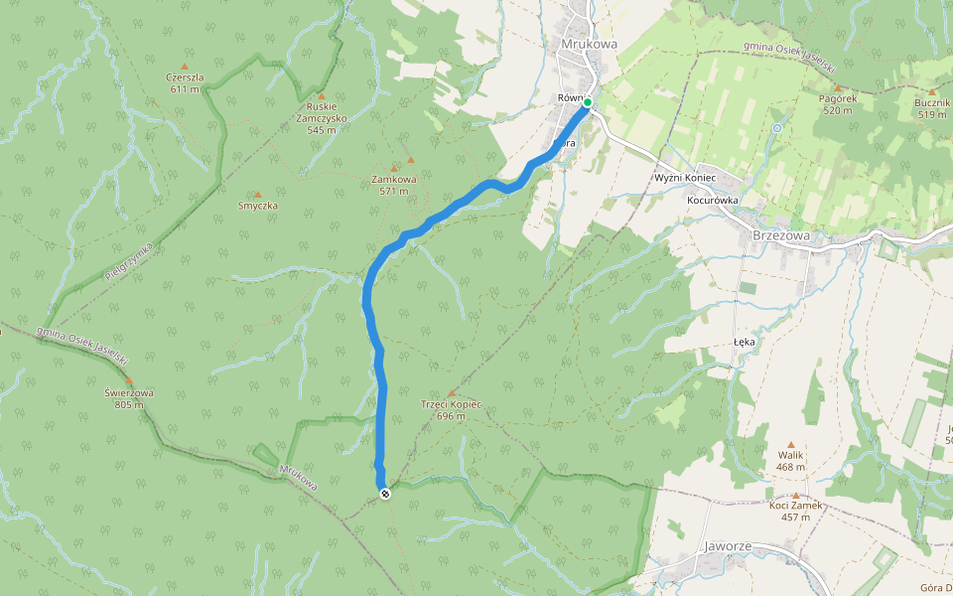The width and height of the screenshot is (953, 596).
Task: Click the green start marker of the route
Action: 588,102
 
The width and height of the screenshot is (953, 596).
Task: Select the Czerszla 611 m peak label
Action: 185,82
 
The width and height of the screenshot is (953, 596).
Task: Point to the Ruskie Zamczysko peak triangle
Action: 321,95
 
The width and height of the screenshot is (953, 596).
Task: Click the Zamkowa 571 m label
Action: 393,185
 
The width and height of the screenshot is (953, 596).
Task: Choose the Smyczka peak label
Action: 258,206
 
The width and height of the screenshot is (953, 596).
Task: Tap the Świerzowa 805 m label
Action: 129,397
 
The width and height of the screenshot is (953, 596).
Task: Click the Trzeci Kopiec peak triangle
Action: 452,393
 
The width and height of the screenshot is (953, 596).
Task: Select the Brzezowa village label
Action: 781,235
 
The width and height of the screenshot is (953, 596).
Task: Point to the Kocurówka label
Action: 713,200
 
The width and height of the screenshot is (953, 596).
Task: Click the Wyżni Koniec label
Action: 685,177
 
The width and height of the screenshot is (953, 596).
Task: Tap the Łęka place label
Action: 745,341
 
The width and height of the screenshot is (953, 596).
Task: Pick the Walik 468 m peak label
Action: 791,461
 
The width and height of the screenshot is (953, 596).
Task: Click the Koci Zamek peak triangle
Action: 796,495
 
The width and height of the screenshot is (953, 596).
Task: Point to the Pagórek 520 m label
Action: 838,104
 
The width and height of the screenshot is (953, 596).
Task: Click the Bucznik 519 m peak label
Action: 932,108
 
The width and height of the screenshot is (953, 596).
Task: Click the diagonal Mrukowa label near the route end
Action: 298,478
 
